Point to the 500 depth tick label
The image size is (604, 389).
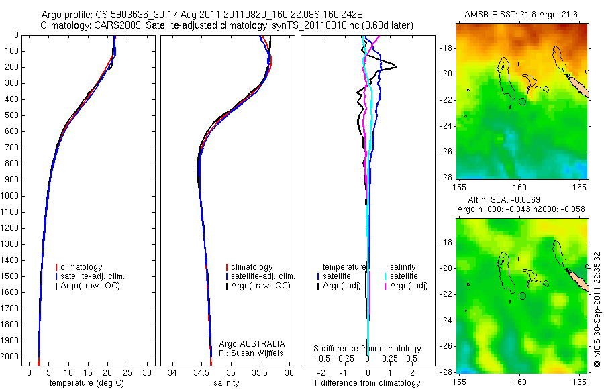click(x=11, y=115)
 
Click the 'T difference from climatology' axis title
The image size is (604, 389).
click(x=368, y=383)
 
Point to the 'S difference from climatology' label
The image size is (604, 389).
click(x=368, y=349)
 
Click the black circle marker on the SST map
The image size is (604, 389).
click(x=522, y=101)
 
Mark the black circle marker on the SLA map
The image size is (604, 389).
click(x=522, y=295)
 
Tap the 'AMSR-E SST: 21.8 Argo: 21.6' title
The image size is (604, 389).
click(x=521, y=15)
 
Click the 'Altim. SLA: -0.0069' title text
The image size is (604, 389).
click(x=499, y=201)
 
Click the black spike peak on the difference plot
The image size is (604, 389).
click(x=395, y=66)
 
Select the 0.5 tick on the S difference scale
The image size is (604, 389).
click(x=407, y=359)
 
